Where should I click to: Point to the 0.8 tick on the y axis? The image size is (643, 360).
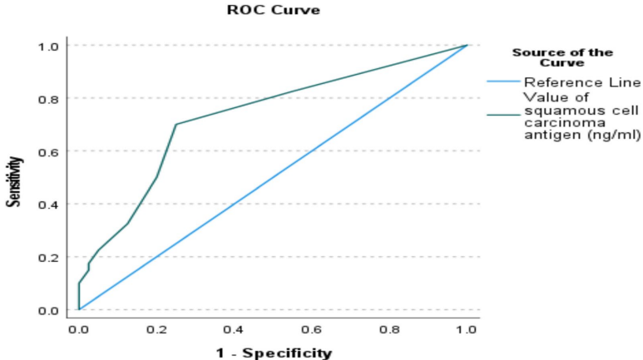pyautogui.click(x=48, y=98)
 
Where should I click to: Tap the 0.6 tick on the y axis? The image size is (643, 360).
pyautogui.click(x=48, y=151)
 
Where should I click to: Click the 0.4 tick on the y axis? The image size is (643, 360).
pyautogui.click(x=48, y=205)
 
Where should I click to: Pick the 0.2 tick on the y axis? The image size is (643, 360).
pyautogui.click(x=48, y=258)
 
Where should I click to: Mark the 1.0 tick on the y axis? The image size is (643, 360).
pyautogui.click(x=48, y=46)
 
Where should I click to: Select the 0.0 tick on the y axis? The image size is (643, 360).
pyautogui.click(x=48, y=310)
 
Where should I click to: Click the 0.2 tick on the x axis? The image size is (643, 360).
pyautogui.click(x=156, y=329)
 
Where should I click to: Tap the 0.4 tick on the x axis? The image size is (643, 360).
pyautogui.click(x=235, y=329)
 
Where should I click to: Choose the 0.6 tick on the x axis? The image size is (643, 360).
pyautogui.click(x=312, y=329)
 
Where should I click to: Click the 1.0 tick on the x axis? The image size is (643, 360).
pyautogui.click(x=467, y=329)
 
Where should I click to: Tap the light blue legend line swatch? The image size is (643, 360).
pyautogui.click(x=502, y=81)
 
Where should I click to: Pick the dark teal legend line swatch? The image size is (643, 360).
pyautogui.click(x=502, y=116)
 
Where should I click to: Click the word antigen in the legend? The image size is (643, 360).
pyautogui.click(x=546, y=136)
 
